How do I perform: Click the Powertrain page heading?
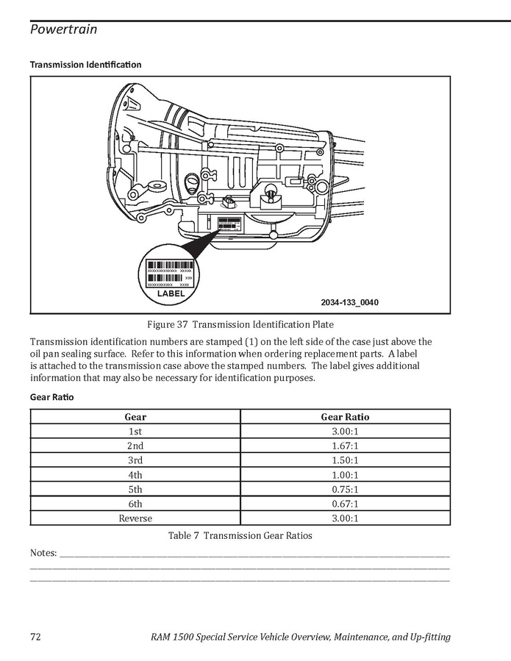pos(63,29)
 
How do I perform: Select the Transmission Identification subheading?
pos(85,65)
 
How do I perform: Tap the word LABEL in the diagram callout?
pos(171,293)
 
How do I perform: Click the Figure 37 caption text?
pos(240,325)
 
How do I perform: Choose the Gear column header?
pos(135,417)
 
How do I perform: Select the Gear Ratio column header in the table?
pos(345,417)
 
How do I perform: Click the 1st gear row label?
pos(135,432)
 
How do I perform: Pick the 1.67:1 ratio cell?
pos(345,446)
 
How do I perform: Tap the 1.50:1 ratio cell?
pos(345,460)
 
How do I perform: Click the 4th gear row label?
pos(135,475)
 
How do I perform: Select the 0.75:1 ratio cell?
pos(345,489)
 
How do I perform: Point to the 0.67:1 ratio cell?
pos(345,504)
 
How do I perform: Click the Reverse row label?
pos(135,518)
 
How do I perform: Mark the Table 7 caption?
pos(240,535)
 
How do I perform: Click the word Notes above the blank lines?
pos(43,552)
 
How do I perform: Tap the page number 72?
pos(36,637)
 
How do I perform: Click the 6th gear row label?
pos(135,504)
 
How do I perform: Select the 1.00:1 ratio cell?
pos(345,475)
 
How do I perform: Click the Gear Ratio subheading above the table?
pos(51,397)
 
